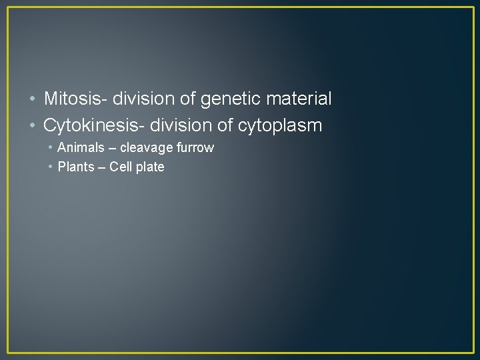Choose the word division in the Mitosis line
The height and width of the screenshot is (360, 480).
click(144, 99)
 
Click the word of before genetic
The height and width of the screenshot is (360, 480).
click(189, 99)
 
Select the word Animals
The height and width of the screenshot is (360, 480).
click(81, 147)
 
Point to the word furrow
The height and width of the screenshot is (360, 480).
click(195, 147)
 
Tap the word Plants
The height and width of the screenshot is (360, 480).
click(76, 167)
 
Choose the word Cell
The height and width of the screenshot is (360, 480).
click(121, 167)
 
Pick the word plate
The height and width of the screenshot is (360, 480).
click(150, 167)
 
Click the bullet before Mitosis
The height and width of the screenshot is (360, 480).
click(33, 100)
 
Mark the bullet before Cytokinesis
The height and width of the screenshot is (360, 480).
click(33, 125)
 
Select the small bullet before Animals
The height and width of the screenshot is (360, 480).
click(51, 148)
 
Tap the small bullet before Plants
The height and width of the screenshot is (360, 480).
click(51, 167)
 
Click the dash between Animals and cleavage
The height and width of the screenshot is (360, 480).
click(112, 148)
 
